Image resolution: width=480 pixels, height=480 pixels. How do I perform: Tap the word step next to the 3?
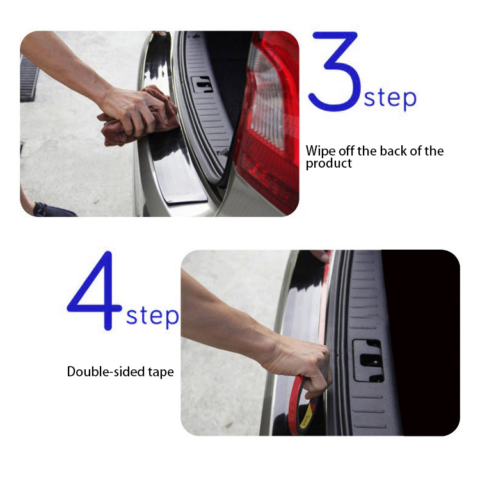tap(390, 98)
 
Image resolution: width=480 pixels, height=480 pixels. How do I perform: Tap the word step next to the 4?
tap(152, 316)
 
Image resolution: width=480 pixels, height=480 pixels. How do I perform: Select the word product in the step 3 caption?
tap(329, 163)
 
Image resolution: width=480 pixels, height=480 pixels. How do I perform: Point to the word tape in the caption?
tap(161, 372)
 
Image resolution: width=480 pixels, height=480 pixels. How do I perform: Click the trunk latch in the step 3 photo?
tap(202, 84)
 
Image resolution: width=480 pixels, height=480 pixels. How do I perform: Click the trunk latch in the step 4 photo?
tap(368, 360)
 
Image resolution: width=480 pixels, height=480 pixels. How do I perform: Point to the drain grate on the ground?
tap(29, 78)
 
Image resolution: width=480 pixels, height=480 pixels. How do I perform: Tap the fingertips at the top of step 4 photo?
tap(320, 255)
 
